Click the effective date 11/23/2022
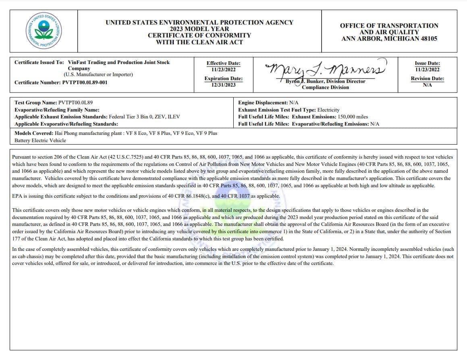click(223, 69)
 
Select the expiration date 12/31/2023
click(223, 85)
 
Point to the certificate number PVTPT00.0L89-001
click(85, 83)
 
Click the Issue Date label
click(427, 63)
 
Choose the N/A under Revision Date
click(427, 85)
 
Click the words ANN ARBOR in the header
click(361, 39)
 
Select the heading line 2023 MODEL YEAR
click(199, 29)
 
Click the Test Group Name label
click(35, 103)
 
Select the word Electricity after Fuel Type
click(328, 110)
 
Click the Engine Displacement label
click(263, 103)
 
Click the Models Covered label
click(33, 133)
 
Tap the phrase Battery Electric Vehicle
click(40, 141)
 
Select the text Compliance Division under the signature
click(325, 87)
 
